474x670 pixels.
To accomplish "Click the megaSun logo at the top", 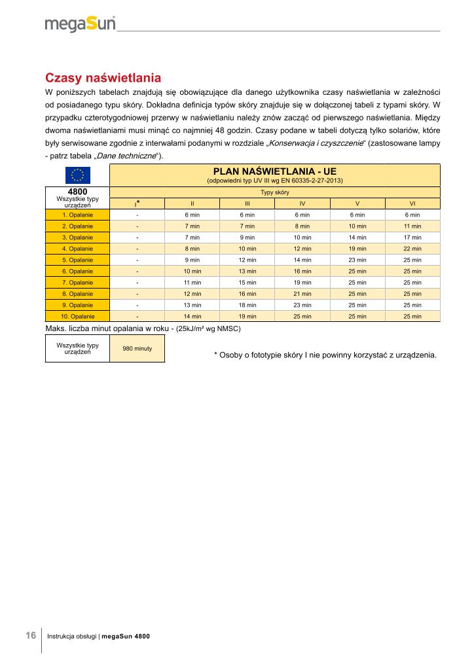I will point(80,24).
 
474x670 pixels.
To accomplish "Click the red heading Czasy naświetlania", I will point(103,79).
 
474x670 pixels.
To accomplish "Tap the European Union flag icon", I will point(77,175).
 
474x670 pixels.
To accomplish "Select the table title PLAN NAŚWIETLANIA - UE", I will point(275,171).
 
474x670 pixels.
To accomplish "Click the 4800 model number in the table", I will point(77,192).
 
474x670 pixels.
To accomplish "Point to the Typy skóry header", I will point(275,192).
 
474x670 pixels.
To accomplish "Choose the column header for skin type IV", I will point(302,203).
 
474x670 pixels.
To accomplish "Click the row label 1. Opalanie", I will point(77,215).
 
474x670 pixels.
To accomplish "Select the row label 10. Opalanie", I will point(77,316).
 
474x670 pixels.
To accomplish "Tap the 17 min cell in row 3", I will point(412,237).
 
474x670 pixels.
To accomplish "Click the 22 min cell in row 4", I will point(412,249).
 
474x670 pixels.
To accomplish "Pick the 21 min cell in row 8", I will point(302,294).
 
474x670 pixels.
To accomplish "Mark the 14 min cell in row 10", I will point(192,316).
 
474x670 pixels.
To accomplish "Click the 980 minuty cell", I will point(137,348).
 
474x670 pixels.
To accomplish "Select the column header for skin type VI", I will point(412,203).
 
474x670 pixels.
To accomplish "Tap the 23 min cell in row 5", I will point(357,260).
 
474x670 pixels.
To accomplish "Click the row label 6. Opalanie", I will point(77,271).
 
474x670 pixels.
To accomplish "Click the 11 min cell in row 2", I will point(412,226).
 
